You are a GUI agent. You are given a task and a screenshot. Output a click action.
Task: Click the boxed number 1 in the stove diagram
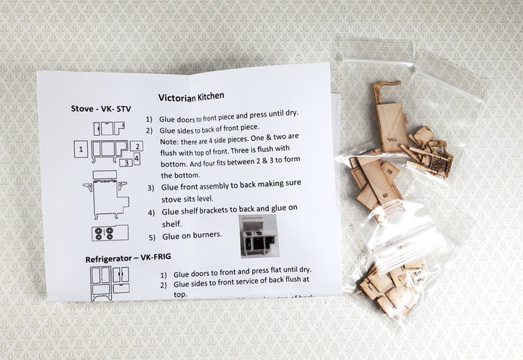81,150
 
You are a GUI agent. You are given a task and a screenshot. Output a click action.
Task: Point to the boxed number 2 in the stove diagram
137,146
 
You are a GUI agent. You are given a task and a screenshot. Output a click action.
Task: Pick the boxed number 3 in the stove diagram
126,163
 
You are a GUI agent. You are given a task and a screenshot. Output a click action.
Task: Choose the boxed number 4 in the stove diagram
137,158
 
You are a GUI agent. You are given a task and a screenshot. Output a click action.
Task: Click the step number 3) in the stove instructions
150,187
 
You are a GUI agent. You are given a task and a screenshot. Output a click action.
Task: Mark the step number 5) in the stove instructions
152,236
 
